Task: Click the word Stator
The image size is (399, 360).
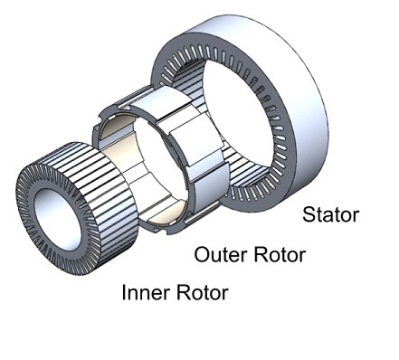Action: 330,214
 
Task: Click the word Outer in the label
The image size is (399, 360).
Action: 220,254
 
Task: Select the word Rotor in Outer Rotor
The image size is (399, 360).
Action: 280,254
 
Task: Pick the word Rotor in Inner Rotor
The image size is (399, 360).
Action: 202,292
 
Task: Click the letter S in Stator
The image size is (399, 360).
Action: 309,214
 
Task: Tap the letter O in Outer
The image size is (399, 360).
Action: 202,254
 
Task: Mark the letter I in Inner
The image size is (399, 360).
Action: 124,292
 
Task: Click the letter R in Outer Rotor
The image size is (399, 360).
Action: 260,254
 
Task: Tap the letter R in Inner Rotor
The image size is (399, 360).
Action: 183,292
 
